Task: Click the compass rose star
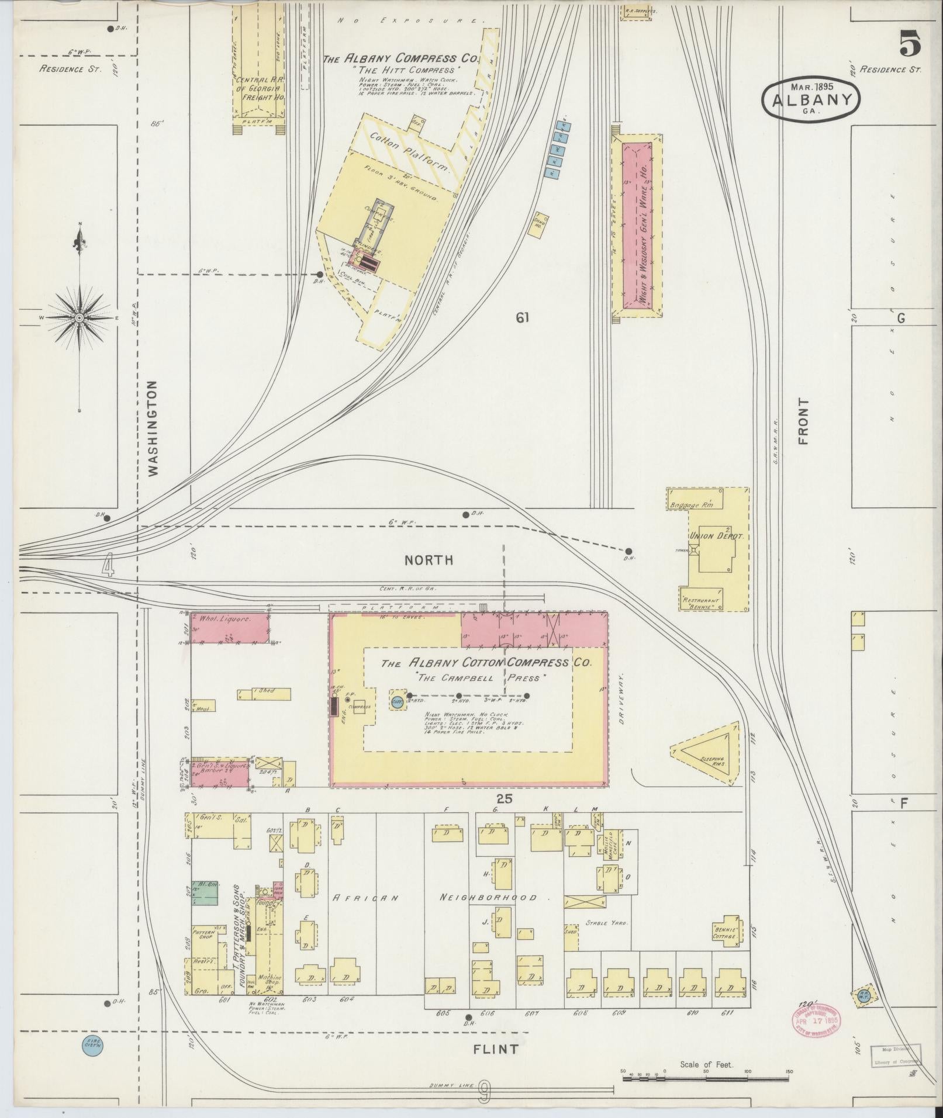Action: point(79,317)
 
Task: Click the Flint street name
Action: point(495,1049)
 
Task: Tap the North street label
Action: point(429,560)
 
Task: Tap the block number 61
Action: point(522,317)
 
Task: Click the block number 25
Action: point(504,798)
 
